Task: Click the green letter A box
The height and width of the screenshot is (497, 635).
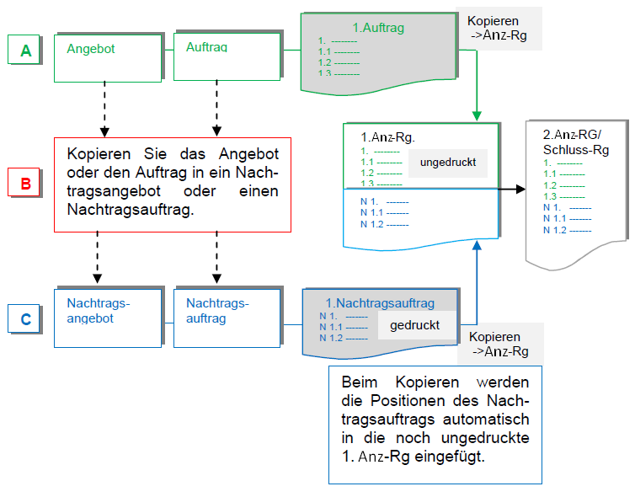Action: pos(26,51)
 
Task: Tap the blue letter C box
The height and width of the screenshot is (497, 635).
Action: pos(26,319)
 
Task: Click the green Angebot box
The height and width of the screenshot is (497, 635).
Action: pos(107,57)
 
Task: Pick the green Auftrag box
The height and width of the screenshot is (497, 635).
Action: pos(227,57)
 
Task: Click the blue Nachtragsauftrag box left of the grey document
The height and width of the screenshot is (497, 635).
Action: pos(227,318)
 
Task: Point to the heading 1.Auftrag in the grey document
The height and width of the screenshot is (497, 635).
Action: pos(378,28)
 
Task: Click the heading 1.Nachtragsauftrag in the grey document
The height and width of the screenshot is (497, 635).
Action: pos(380,302)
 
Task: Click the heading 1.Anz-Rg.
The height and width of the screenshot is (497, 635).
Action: pos(388,136)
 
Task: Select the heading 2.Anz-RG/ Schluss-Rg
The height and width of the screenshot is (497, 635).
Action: pos(576,142)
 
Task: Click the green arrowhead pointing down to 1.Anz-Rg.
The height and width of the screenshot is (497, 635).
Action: pos(477,115)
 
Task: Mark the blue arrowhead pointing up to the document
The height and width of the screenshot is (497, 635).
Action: pos(477,245)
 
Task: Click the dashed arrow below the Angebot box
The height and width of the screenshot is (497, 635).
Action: pos(104,110)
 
